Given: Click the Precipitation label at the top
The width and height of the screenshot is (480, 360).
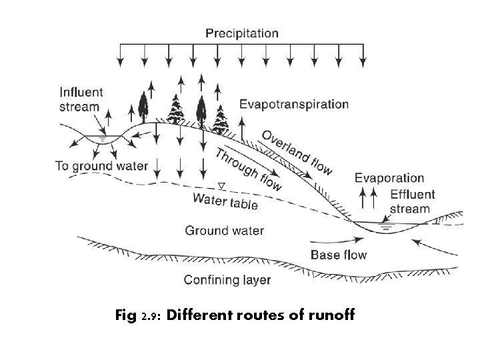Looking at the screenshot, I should pos(241,33).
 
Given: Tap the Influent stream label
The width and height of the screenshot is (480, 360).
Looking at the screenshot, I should pos(79,99).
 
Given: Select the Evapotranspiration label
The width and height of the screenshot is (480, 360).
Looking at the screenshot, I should pos(293,105).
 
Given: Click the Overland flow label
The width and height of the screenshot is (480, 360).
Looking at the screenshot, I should pos(297,153).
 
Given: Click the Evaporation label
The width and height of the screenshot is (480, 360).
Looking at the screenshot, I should pos(389,178).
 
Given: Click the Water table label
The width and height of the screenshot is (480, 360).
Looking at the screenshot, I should pos(225,200).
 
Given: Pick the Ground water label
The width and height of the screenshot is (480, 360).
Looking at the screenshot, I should pos(224,231).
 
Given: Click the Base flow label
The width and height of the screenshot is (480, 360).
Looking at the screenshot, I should pos(339,255).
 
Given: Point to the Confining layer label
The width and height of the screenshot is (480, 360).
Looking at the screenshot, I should pos(227,279).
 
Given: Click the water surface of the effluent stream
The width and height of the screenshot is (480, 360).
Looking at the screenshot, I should pos(385,223).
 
